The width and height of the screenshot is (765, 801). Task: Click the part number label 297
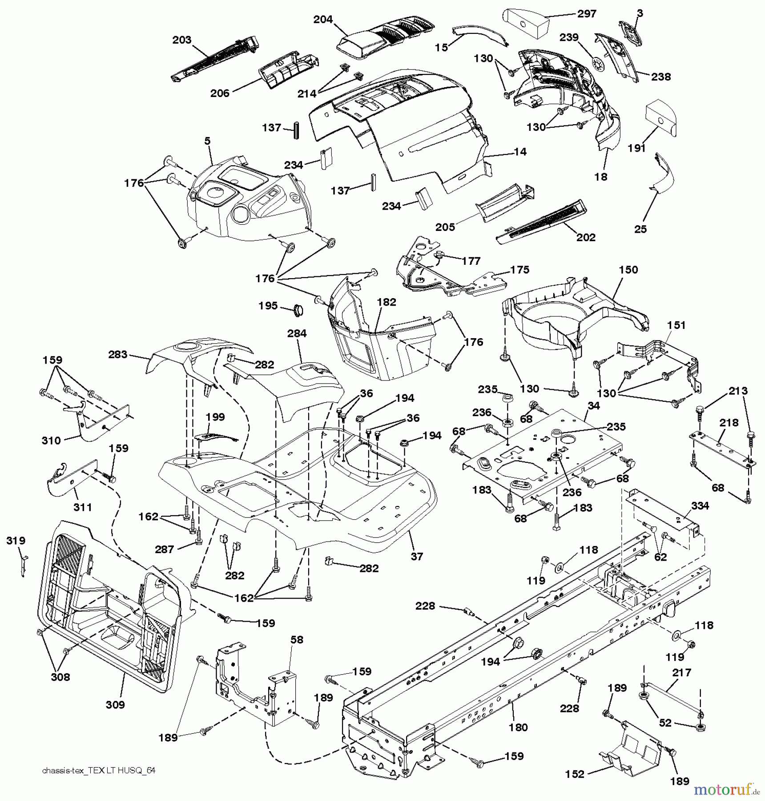(x=587, y=14)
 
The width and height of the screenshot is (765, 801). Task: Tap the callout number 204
(x=323, y=20)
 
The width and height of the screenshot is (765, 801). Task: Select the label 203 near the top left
(x=182, y=40)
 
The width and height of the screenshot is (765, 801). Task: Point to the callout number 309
(x=115, y=704)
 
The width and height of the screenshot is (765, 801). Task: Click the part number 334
(x=700, y=506)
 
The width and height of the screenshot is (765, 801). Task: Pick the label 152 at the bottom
(x=575, y=774)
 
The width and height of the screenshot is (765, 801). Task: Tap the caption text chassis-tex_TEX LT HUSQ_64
(x=99, y=771)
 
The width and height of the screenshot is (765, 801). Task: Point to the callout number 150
(x=628, y=270)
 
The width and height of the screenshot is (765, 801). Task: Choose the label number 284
(x=297, y=333)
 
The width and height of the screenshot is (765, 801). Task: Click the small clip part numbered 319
(x=24, y=565)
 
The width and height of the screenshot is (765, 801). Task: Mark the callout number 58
(x=297, y=639)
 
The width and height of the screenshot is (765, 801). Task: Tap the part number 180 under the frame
(x=518, y=727)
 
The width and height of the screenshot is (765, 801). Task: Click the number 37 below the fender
(x=417, y=556)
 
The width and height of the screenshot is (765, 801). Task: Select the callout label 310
(x=51, y=441)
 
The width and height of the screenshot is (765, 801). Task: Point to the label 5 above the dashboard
(x=207, y=141)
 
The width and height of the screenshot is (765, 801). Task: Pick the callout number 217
(x=682, y=672)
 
